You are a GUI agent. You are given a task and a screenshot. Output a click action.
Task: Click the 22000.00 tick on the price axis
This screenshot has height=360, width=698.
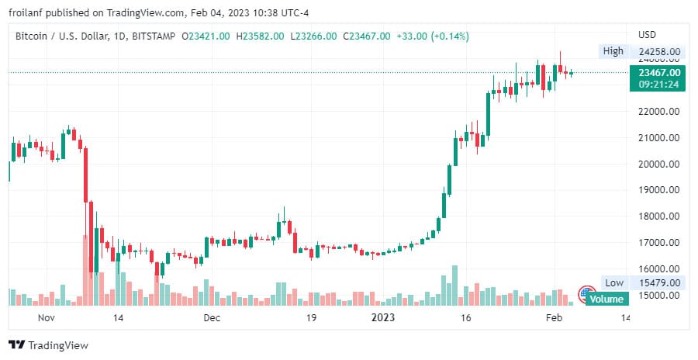pos(658,112)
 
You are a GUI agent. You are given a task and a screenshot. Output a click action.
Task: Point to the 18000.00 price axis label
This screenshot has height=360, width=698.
pos(658,216)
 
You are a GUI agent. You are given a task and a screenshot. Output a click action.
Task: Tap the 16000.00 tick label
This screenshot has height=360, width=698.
pos(658,269)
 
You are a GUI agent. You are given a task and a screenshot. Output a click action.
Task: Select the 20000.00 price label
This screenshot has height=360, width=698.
pos(658,164)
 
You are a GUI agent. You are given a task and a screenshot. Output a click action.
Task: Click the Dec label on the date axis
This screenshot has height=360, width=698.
pos(212,318)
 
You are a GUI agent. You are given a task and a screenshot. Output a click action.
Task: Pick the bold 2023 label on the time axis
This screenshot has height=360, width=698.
pos(383,318)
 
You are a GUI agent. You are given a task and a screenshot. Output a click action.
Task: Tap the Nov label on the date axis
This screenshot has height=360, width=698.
pos(47,318)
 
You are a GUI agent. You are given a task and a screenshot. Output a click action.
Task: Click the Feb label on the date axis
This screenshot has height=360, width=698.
pos(553,318)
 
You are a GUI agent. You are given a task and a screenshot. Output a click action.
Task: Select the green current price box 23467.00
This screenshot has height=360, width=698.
pos(658,72)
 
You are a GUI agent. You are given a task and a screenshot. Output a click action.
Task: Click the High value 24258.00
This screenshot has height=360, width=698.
pos(658,52)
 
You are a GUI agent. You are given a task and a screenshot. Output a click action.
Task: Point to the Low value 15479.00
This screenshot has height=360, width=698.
pos(658,283)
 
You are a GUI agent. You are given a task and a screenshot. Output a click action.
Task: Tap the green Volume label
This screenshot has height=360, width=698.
pos(606,299)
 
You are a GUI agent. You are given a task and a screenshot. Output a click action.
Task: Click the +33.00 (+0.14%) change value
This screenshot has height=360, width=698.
pos(433,36)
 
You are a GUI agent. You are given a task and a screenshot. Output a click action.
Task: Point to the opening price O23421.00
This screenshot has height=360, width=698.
pos(206,36)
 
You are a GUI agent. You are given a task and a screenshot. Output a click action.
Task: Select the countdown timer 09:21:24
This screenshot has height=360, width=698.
pos(658,84)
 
